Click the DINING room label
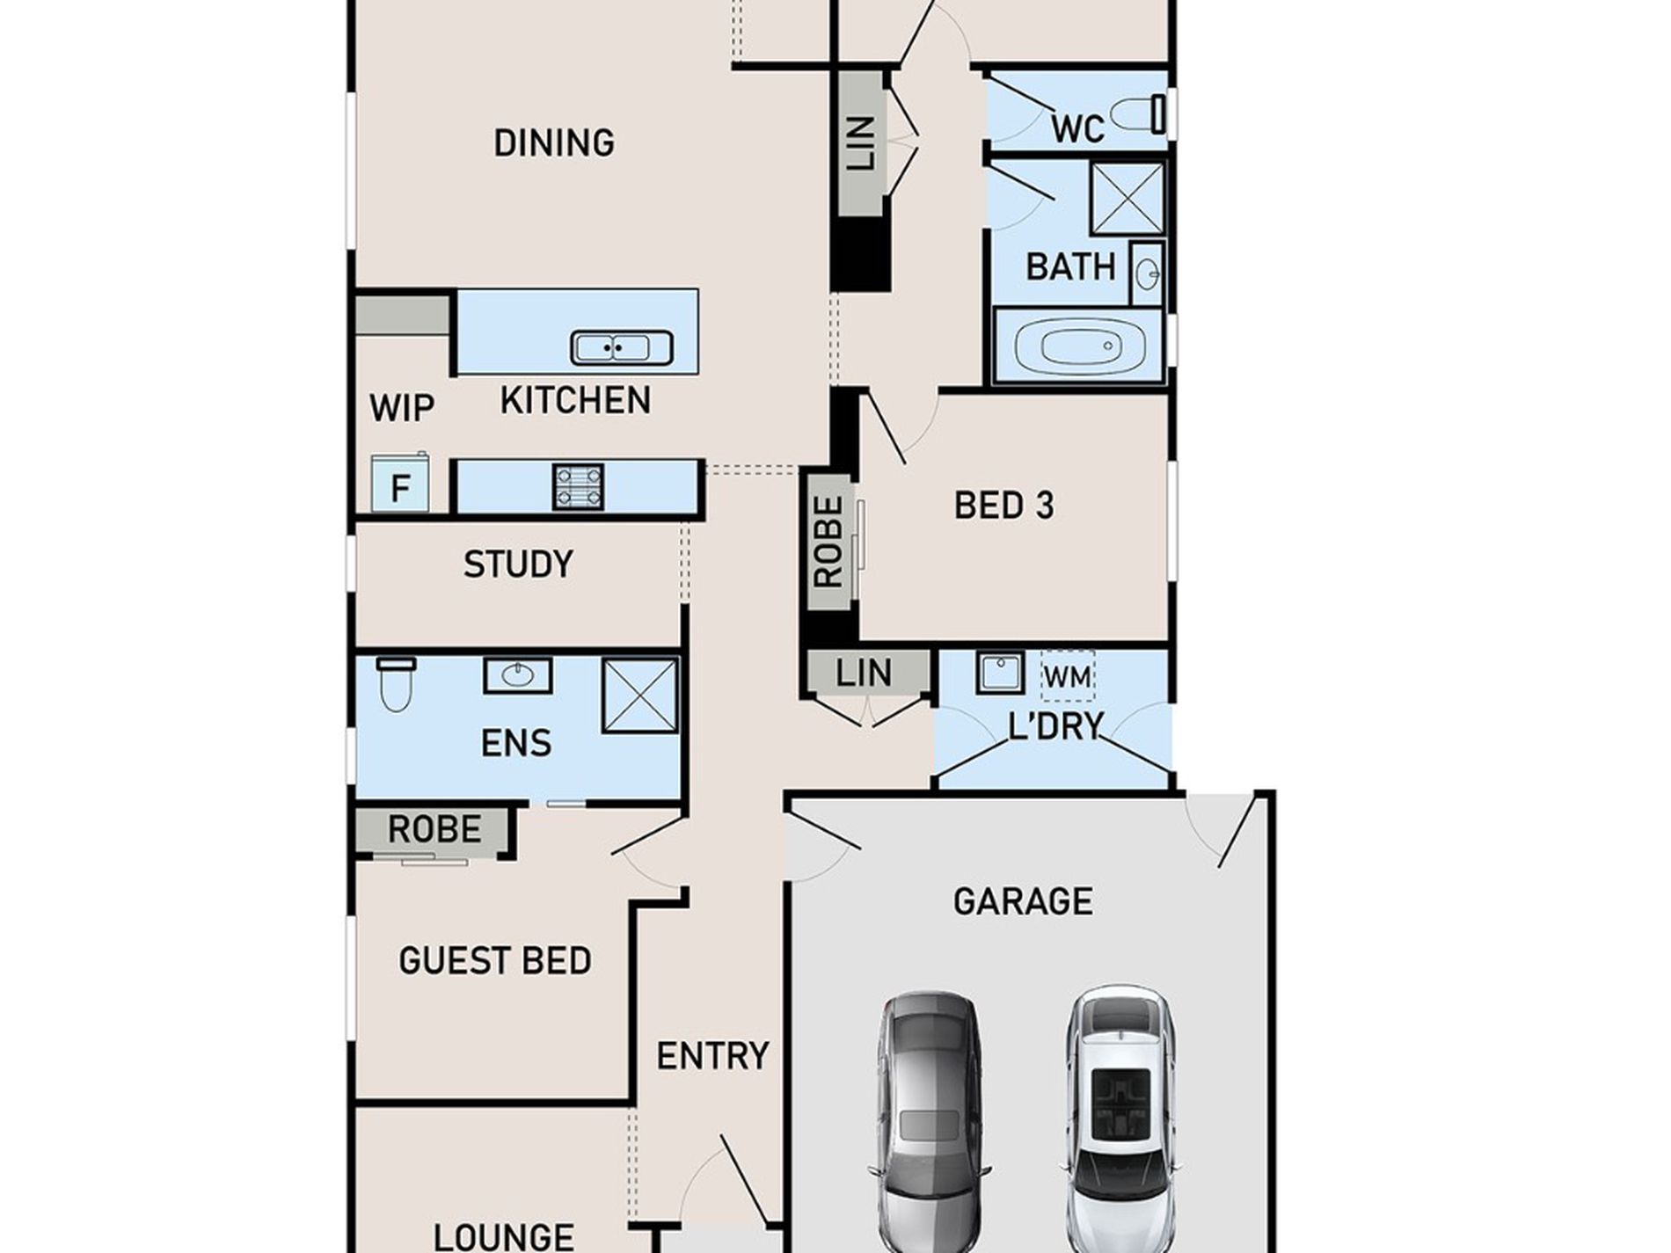(x=554, y=142)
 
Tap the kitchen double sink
(x=622, y=347)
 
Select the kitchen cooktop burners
(x=579, y=486)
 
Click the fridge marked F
(x=400, y=483)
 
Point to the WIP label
(x=402, y=408)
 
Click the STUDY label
(x=518, y=564)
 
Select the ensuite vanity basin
(x=518, y=675)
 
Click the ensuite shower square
(x=640, y=696)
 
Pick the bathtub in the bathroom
(x=1081, y=345)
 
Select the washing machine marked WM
(x=1068, y=676)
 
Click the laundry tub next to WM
(x=1001, y=673)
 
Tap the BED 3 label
(x=1004, y=506)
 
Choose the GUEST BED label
(x=495, y=960)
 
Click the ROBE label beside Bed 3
(x=829, y=542)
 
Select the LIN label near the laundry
(x=864, y=674)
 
